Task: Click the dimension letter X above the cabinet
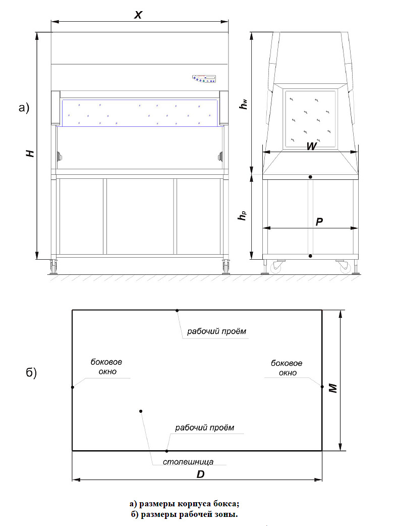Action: [138, 15]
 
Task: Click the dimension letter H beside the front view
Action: [31, 153]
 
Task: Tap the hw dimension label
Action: [244, 104]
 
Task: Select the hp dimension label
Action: [243, 217]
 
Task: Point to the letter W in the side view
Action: [311, 147]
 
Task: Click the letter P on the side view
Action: [319, 222]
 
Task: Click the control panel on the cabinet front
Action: [204, 78]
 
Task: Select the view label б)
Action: [31, 373]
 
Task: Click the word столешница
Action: [188, 461]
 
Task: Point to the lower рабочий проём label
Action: [205, 427]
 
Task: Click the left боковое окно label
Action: [106, 367]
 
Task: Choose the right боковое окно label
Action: [287, 368]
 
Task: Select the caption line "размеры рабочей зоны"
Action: [184, 515]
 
